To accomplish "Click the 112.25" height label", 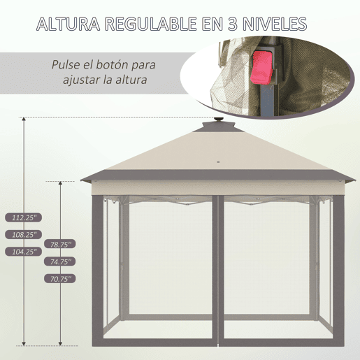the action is point(24,217).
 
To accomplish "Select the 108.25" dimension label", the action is point(24,235).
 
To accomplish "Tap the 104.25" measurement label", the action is point(24,252).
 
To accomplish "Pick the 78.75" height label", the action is point(60,244).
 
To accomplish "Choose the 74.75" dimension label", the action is point(60,261).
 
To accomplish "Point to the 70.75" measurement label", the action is point(60,279).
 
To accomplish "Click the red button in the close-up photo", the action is point(261,67).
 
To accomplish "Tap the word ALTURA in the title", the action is point(69,24).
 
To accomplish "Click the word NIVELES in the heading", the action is point(275,24).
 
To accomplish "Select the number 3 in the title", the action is point(232,24).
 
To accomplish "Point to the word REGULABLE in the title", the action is point(151,24).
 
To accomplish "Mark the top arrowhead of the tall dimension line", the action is point(24,119).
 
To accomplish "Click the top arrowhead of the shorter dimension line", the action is point(60,183).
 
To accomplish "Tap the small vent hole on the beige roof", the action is point(219,161).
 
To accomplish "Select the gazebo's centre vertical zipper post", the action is point(218,271).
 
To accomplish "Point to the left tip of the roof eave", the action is point(80,180).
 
